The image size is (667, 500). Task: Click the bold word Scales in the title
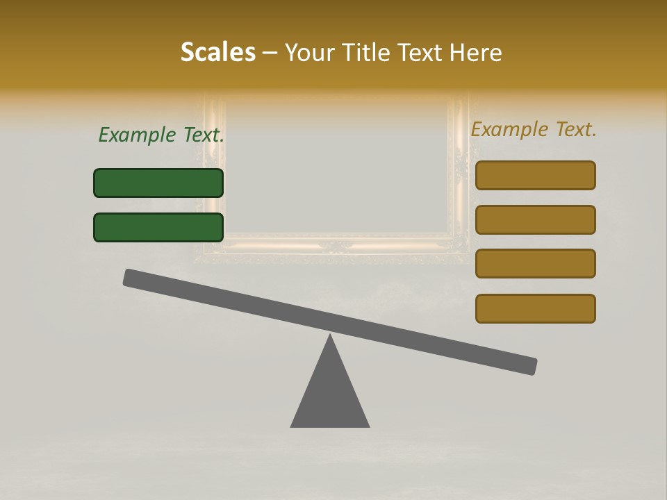(x=217, y=52)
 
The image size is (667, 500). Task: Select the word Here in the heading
(x=476, y=52)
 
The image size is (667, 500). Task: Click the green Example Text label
(x=161, y=135)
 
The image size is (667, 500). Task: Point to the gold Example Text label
(x=534, y=129)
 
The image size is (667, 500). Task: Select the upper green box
(x=158, y=183)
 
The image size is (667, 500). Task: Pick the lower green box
(x=158, y=227)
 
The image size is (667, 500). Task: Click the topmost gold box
(x=535, y=175)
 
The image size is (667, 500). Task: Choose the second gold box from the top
(x=535, y=219)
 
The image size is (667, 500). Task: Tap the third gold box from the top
(x=535, y=263)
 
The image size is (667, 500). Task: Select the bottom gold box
(x=535, y=308)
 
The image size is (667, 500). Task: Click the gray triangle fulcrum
(x=330, y=396)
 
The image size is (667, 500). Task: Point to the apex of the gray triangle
(x=330, y=335)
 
